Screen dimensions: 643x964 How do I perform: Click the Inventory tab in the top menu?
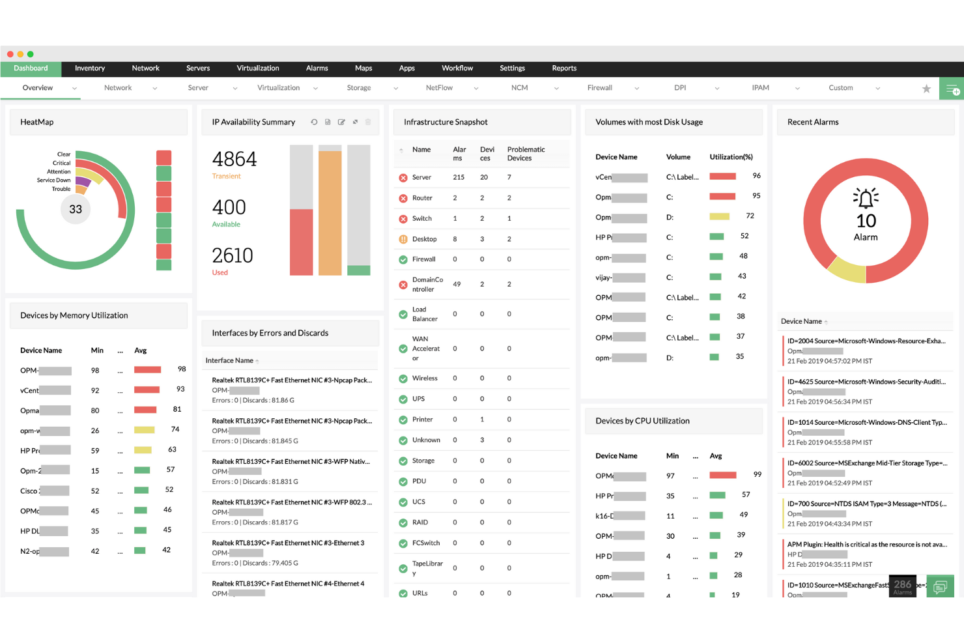90,68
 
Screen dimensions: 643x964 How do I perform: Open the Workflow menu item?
457,68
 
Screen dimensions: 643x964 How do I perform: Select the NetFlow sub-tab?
439,88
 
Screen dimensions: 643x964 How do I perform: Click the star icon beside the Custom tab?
926,89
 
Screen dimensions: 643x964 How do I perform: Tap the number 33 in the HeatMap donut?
76,209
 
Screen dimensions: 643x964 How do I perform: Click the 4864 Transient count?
234,160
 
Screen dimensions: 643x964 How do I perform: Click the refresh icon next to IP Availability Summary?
314,122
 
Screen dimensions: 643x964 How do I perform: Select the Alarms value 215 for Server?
459,177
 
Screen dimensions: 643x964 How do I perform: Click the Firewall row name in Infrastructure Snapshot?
423,259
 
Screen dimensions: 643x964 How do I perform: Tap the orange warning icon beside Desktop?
403,239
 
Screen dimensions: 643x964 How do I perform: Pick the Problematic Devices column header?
526,154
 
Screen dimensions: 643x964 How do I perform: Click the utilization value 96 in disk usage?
756,176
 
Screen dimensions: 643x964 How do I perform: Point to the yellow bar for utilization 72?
719,216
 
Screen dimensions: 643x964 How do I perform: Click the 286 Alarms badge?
902,586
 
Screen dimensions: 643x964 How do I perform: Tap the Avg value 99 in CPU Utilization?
757,474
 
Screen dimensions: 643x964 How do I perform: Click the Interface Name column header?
229,361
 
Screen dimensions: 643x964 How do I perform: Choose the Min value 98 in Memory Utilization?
95,371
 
